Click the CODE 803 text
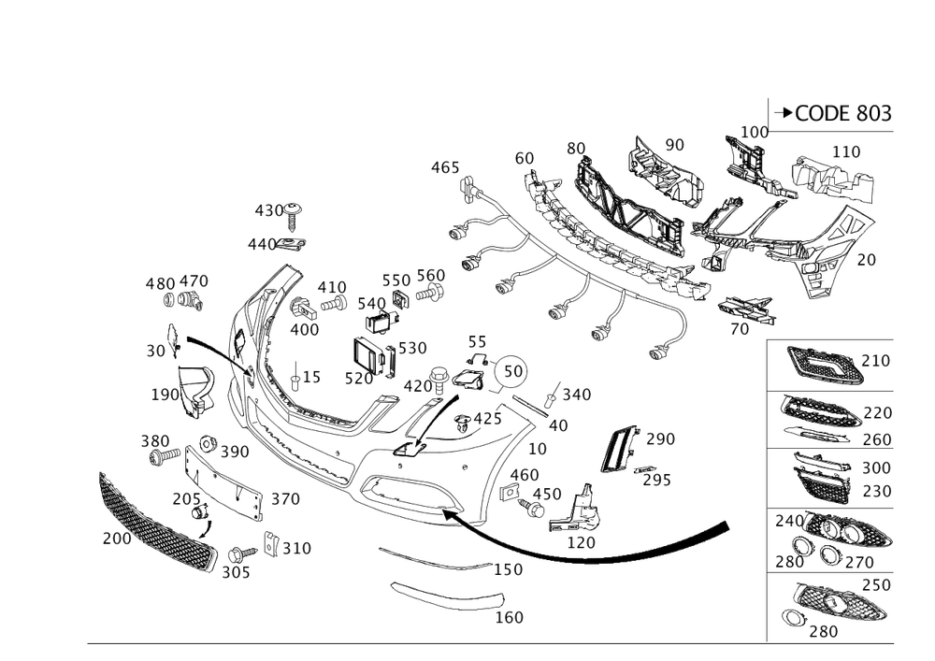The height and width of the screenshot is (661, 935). point(843,113)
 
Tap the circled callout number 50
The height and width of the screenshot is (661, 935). point(512,371)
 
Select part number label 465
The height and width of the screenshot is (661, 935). point(445,167)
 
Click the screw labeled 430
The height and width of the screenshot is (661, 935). point(292,216)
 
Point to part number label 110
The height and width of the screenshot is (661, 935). point(846,151)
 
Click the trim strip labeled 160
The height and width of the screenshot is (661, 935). point(447,596)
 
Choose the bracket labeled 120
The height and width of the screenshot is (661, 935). point(574,509)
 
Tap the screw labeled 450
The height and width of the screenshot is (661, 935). point(531,509)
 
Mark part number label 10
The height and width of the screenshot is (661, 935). point(538,449)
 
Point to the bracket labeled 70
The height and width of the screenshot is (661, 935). point(746,310)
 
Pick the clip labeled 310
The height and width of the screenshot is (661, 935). point(271,543)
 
